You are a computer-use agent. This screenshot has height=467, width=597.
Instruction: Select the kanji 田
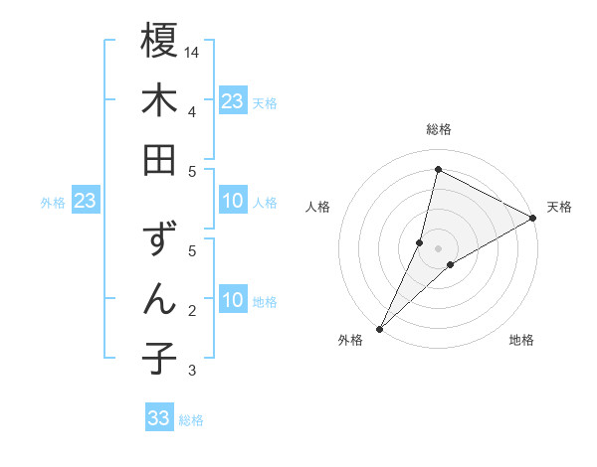[159, 160]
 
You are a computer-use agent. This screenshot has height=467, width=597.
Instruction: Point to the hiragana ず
[159, 241]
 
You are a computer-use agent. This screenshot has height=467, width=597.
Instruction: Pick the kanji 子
[159, 359]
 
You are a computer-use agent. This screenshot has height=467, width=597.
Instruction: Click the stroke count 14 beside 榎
[193, 51]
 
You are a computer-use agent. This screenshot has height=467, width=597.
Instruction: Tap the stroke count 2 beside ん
[191, 311]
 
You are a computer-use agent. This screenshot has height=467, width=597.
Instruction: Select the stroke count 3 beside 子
[191, 371]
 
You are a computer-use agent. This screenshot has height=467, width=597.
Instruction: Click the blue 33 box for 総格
[159, 418]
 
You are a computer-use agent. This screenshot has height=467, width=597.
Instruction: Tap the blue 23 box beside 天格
[232, 100]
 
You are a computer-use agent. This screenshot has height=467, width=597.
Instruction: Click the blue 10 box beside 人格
[232, 202]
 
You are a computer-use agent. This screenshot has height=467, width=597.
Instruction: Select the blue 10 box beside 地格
[232, 301]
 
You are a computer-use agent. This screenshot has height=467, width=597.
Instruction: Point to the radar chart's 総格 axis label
[438, 129]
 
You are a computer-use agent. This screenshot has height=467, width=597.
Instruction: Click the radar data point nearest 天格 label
[532, 219]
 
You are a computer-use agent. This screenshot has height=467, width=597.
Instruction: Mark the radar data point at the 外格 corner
[379, 328]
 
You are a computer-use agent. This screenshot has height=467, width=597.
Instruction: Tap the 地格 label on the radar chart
[521, 340]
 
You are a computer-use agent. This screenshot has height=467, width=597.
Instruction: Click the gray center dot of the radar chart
[438, 247]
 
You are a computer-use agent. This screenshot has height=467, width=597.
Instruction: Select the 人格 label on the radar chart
[318, 207]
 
